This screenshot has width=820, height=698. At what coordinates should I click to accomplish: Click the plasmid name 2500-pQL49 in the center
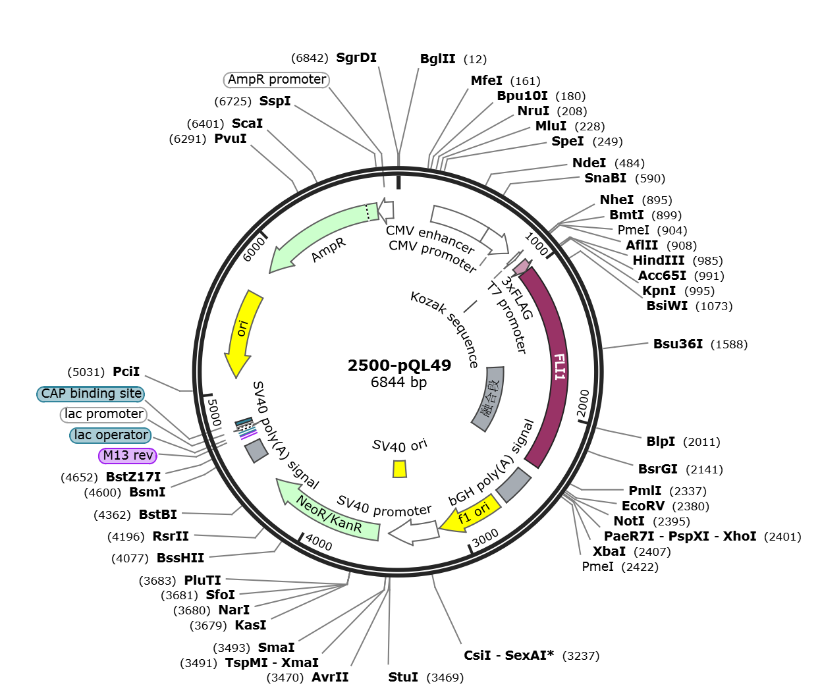point(399,365)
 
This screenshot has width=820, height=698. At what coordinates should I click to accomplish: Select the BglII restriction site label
point(437,59)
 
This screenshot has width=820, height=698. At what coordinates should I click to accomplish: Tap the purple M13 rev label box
point(128,455)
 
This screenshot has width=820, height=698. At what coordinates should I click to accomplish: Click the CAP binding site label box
point(91,393)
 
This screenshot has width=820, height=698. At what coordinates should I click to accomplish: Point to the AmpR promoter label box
point(277,79)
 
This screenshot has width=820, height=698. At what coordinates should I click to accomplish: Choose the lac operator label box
point(111,435)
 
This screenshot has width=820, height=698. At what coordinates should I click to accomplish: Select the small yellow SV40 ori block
point(400,469)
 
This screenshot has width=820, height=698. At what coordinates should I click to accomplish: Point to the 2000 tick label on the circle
point(583,403)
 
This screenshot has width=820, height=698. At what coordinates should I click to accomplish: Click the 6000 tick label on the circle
point(254,250)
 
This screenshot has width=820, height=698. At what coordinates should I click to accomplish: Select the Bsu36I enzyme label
point(678,344)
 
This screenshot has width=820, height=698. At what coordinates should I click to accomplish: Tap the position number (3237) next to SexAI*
point(581,656)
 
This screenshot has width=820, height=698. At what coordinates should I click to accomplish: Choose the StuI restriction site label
point(402,677)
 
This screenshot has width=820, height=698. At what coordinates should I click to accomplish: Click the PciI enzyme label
point(126,371)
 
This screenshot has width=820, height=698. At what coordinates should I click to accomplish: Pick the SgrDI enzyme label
point(356,58)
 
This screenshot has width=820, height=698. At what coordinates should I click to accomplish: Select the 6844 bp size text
point(398,383)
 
